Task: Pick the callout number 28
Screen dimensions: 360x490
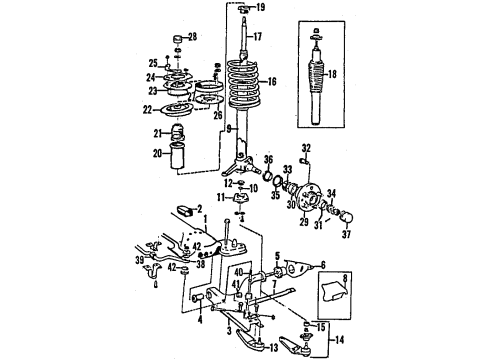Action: coord(193,39)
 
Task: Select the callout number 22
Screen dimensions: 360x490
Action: coord(148,110)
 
